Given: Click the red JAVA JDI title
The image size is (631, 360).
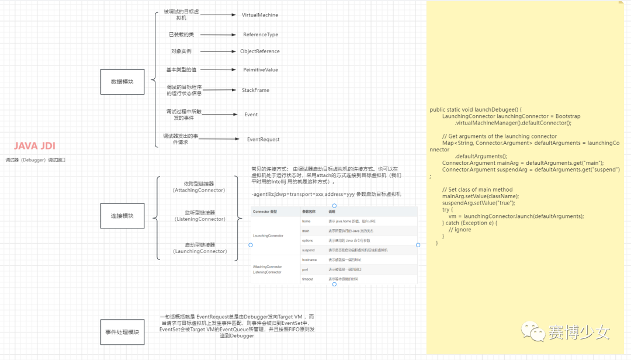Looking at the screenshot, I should [34, 146].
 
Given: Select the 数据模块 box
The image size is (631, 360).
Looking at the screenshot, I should [122, 82].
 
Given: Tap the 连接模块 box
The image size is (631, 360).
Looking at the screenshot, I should [122, 216].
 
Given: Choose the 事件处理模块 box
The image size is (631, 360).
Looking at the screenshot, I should [122, 332].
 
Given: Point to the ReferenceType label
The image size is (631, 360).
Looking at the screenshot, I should [261, 34].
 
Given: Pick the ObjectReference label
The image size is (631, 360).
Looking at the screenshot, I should [260, 51].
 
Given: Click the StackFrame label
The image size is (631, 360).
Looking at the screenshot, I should [255, 90].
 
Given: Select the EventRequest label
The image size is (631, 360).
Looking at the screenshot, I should [263, 139].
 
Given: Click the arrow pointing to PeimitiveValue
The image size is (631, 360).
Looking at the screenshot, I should [217, 70].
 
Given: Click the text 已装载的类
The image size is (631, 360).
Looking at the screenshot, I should [181, 34].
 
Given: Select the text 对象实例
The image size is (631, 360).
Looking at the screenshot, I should [181, 51].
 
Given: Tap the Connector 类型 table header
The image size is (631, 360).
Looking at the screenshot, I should [265, 211].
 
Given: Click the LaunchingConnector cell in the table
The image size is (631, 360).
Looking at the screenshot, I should [268, 236].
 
